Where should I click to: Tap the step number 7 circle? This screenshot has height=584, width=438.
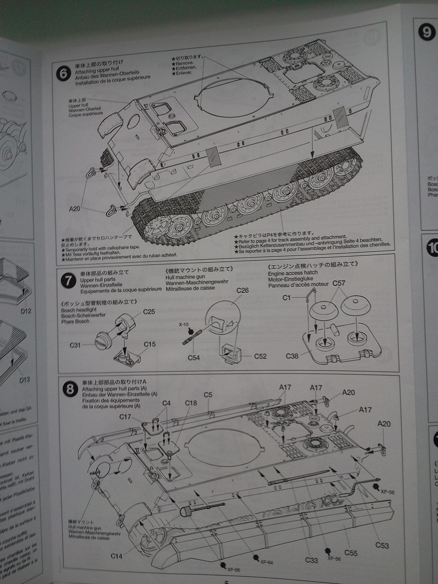[67, 280]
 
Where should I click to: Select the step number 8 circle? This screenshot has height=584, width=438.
[69, 390]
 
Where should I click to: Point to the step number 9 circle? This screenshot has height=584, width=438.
[426, 32]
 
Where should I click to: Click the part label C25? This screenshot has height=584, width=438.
[149, 312]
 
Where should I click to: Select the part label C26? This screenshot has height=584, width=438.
[242, 290]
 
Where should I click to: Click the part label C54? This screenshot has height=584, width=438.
[193, 358]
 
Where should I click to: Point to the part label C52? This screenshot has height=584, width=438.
[260, 357]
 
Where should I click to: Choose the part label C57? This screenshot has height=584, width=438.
[338, 283]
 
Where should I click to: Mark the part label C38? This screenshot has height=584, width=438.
[292, 357]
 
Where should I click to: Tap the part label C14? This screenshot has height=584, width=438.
[117, 556]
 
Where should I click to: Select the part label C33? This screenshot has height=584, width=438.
[312, 560]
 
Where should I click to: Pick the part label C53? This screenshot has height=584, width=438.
[382, 545]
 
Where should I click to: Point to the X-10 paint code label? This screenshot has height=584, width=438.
[184, 324]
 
